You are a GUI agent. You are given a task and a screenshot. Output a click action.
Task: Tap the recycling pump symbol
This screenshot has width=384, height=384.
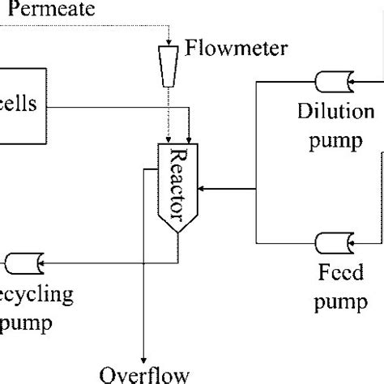(22, 262)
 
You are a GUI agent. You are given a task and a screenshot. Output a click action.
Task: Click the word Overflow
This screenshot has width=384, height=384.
(144, 374)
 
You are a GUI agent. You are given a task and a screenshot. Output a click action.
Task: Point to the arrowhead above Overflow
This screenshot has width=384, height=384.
(144, 356)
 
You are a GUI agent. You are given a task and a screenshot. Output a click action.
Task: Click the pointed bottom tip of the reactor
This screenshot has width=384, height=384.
(177, 233)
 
